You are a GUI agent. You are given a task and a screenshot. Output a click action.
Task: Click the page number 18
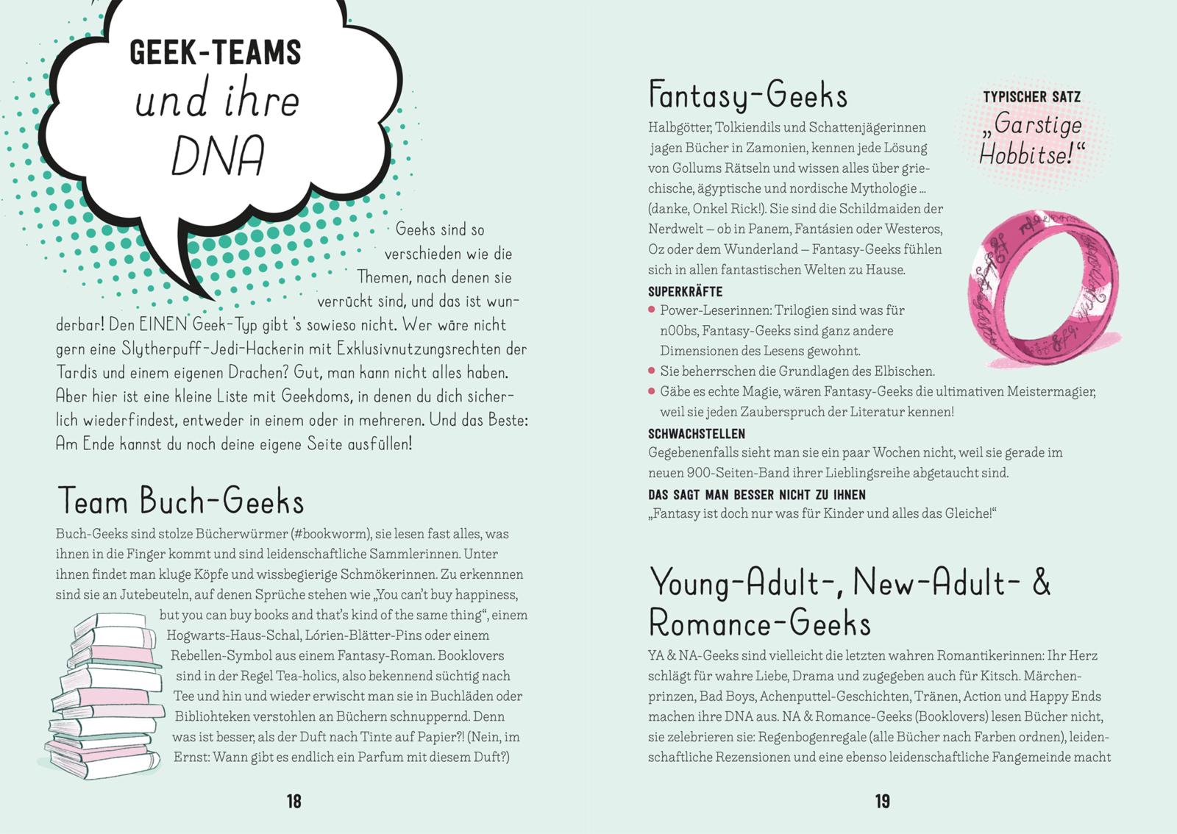click(294, 802)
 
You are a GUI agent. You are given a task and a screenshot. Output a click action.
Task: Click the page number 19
click(883, 802)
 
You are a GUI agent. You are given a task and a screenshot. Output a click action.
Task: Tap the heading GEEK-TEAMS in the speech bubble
click(216, 52)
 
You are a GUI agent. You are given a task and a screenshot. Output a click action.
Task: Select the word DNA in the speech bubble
click(218, 156)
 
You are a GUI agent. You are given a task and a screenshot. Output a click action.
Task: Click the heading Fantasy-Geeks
click(747, 96)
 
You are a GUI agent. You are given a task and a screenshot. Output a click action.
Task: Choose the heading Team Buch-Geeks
click(180, 502)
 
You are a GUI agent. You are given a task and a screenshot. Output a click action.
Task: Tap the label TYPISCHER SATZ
click(1031, 97)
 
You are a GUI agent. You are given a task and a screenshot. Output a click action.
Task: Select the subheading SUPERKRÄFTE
click(685, 291)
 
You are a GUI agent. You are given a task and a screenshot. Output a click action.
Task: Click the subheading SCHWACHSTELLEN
click(696, 434)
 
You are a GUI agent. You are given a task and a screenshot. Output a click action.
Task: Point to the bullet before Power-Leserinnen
click(652, 310)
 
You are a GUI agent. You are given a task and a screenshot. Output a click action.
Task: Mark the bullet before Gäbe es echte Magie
click(652, 392)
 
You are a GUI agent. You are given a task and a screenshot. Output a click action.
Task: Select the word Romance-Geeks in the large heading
click(759, 624)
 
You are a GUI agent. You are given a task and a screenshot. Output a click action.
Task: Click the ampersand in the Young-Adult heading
click(1041, 582)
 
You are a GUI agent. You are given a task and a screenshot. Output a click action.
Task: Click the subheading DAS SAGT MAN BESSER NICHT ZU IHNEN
click(756, 495)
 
